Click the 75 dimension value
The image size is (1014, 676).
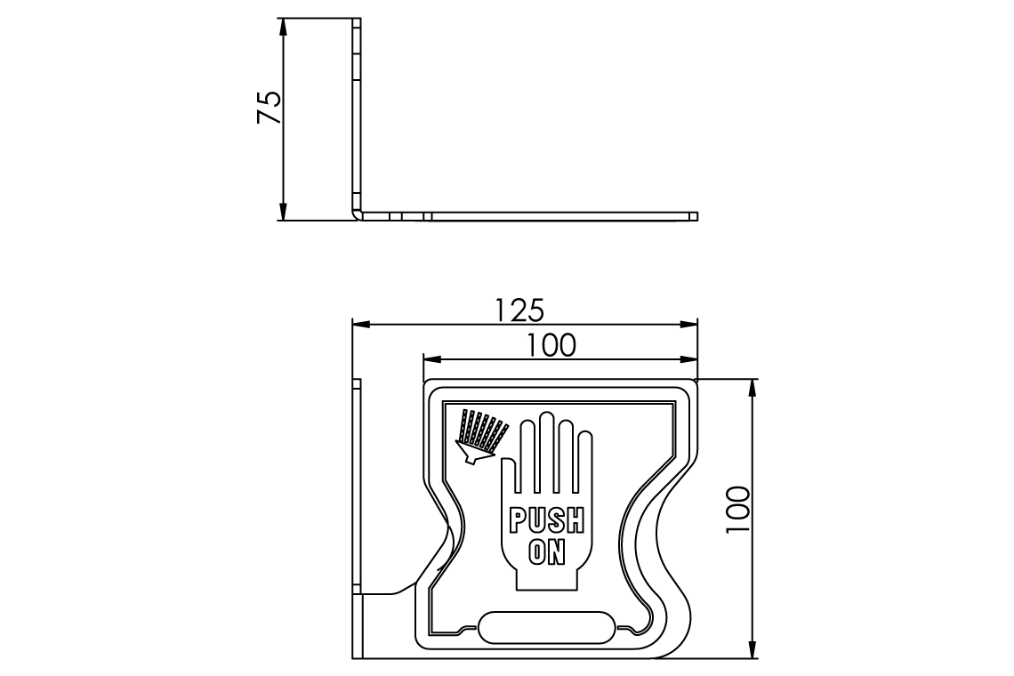[270, 107]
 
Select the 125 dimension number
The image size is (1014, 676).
[519, 310]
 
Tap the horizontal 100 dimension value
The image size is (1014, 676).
[551, 345]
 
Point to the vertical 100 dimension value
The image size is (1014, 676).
[738, 510]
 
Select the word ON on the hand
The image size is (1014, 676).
[546, 551]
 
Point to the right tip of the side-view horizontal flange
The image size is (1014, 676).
[696, 216]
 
